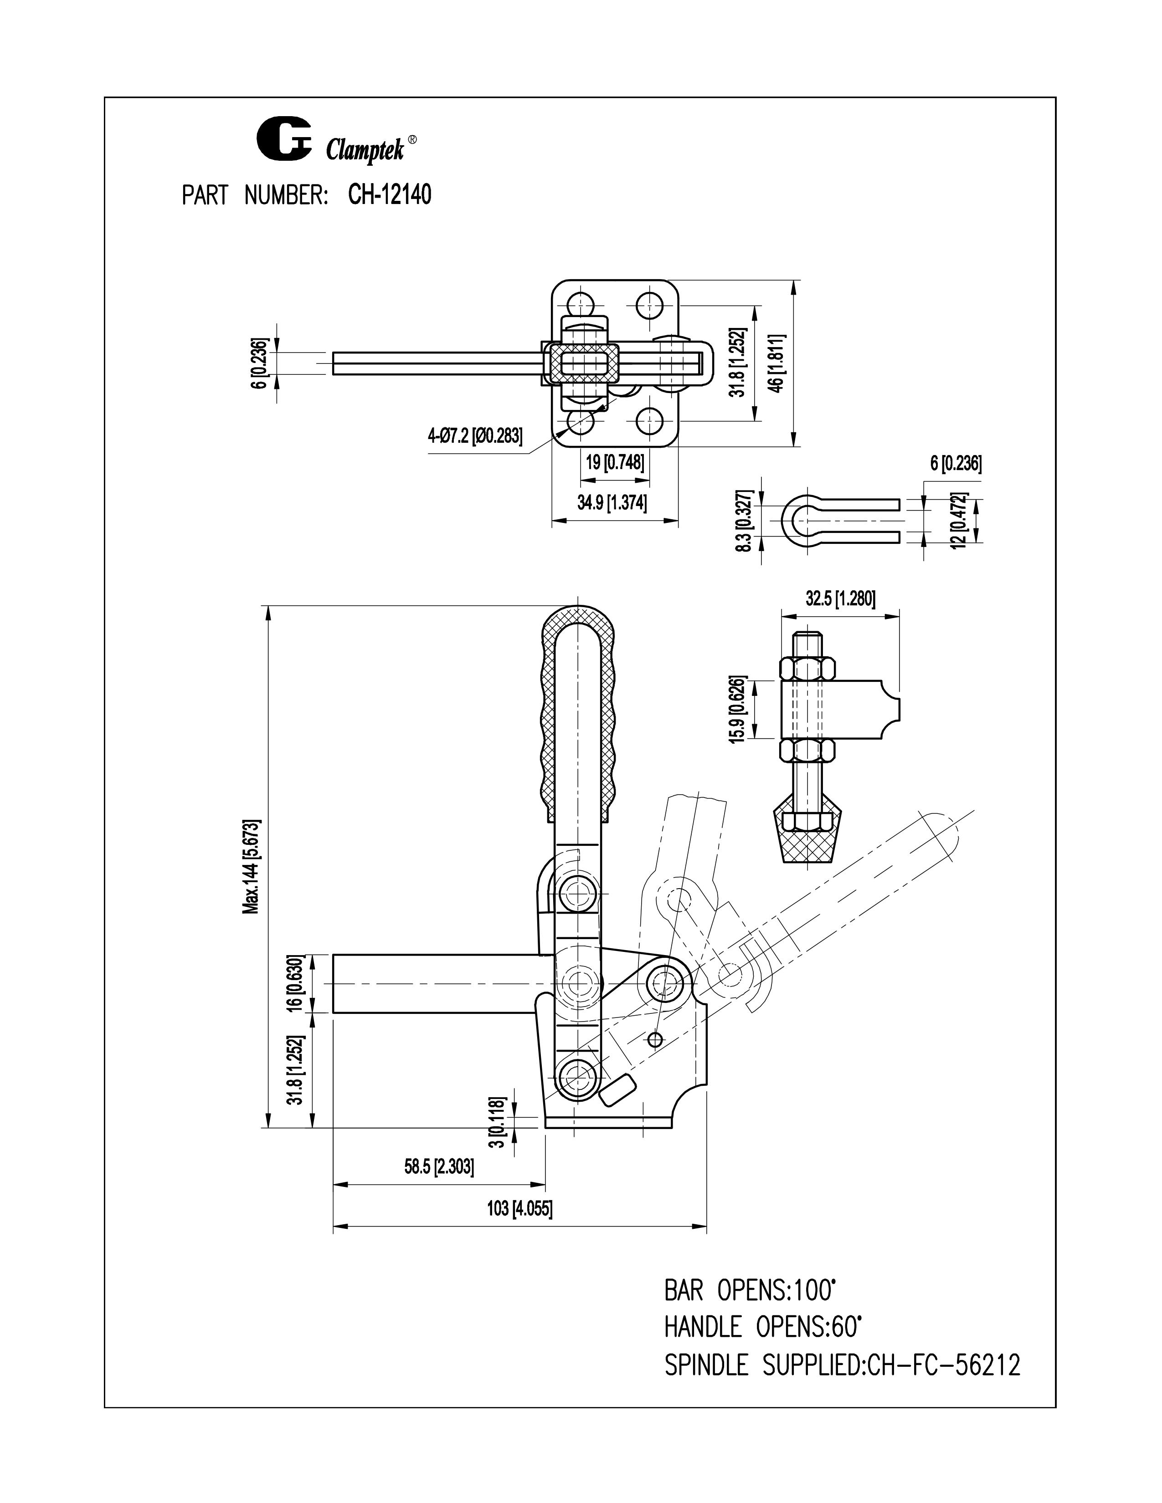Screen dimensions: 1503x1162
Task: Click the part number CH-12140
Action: tap(390, 195)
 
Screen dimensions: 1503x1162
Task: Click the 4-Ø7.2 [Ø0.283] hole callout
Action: tap(475, 435)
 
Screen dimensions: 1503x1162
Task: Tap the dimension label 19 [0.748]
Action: tap(615, 462)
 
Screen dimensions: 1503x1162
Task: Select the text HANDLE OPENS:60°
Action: tap(763, 1327)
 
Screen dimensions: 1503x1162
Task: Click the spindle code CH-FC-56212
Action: tap(944, 1364)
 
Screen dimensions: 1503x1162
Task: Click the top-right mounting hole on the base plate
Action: tap(648, 303)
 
